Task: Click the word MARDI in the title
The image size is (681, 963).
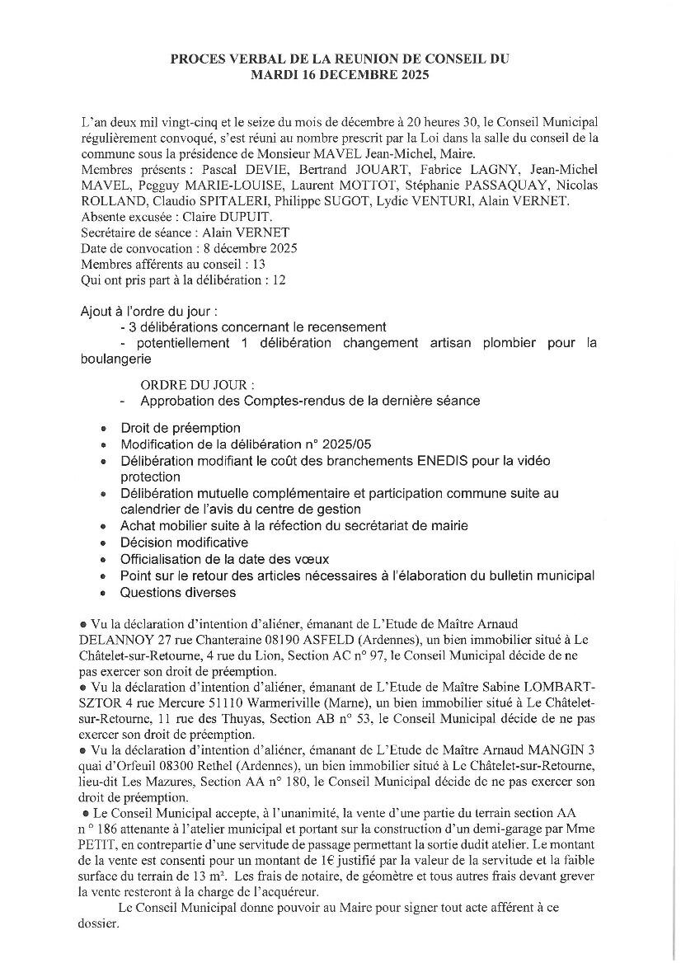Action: pyautogui.click(x=272, y=73)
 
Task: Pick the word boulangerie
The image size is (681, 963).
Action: pyautogui.click(x=116, y=359)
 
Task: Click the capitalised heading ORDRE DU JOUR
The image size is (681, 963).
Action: pyautogui.click(x=196, y=385)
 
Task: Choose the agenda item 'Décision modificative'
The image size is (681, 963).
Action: pyautogui.click(x=184, y=543)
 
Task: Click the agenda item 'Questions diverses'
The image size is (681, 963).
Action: pyautogui.click(x=178, y=592)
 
